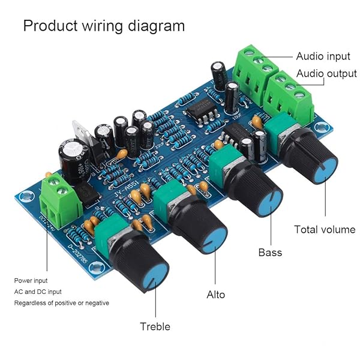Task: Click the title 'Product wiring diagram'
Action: [x=104, y=26]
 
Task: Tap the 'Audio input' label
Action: [x=323, y=56]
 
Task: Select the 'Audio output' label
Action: [x=326, y=74]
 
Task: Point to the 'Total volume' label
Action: [x=325, y=229]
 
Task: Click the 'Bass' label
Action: [x=270, y=252]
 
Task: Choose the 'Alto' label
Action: [x=216, y=295]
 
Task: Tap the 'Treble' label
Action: [x=155, y=326]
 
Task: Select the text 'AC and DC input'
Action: [x=38, y=292]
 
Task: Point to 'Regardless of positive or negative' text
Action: [x=62, y=303]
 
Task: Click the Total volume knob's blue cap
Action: [x=324, y=170]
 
